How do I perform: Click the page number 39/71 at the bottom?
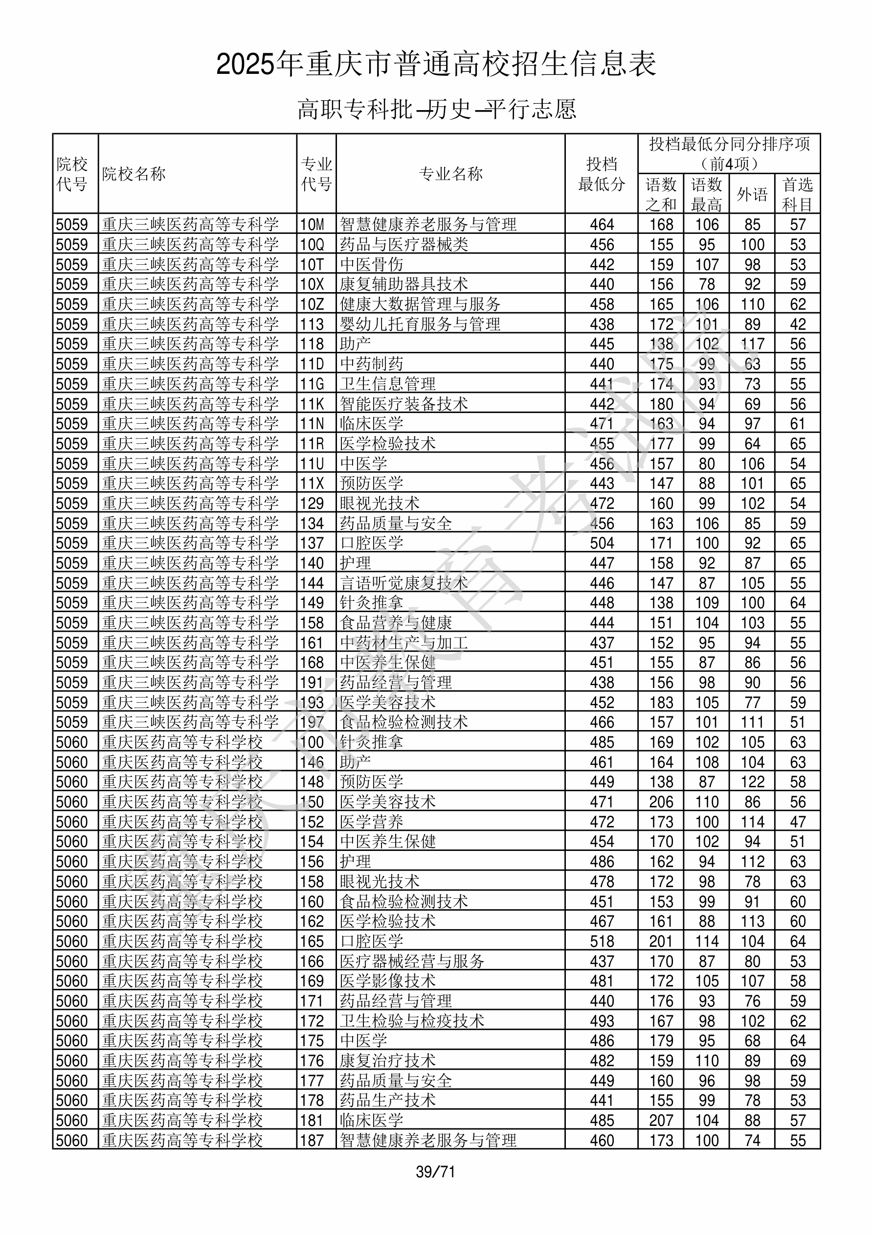[x=435, y=1171]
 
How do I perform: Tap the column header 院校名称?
[x=134, y=174]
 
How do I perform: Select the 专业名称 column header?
[x=450, y=174]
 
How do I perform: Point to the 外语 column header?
[x=752, y=194]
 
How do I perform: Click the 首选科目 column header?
[x=797, y=194]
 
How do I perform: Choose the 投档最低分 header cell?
[x=601, y=174]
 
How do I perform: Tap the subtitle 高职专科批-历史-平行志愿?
[x=436, y=109]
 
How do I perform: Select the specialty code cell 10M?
[x=312, y=225]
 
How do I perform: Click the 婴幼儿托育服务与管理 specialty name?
[x=420, y=324]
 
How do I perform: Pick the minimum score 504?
[x=601, y=543]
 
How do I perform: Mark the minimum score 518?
[x=601, y=941]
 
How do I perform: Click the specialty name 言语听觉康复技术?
[x=403, y=583]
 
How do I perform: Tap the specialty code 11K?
[x=312, y=404]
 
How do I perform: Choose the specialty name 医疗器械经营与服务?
[x=412, y=961]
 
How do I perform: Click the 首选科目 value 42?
[x=798, y=324]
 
